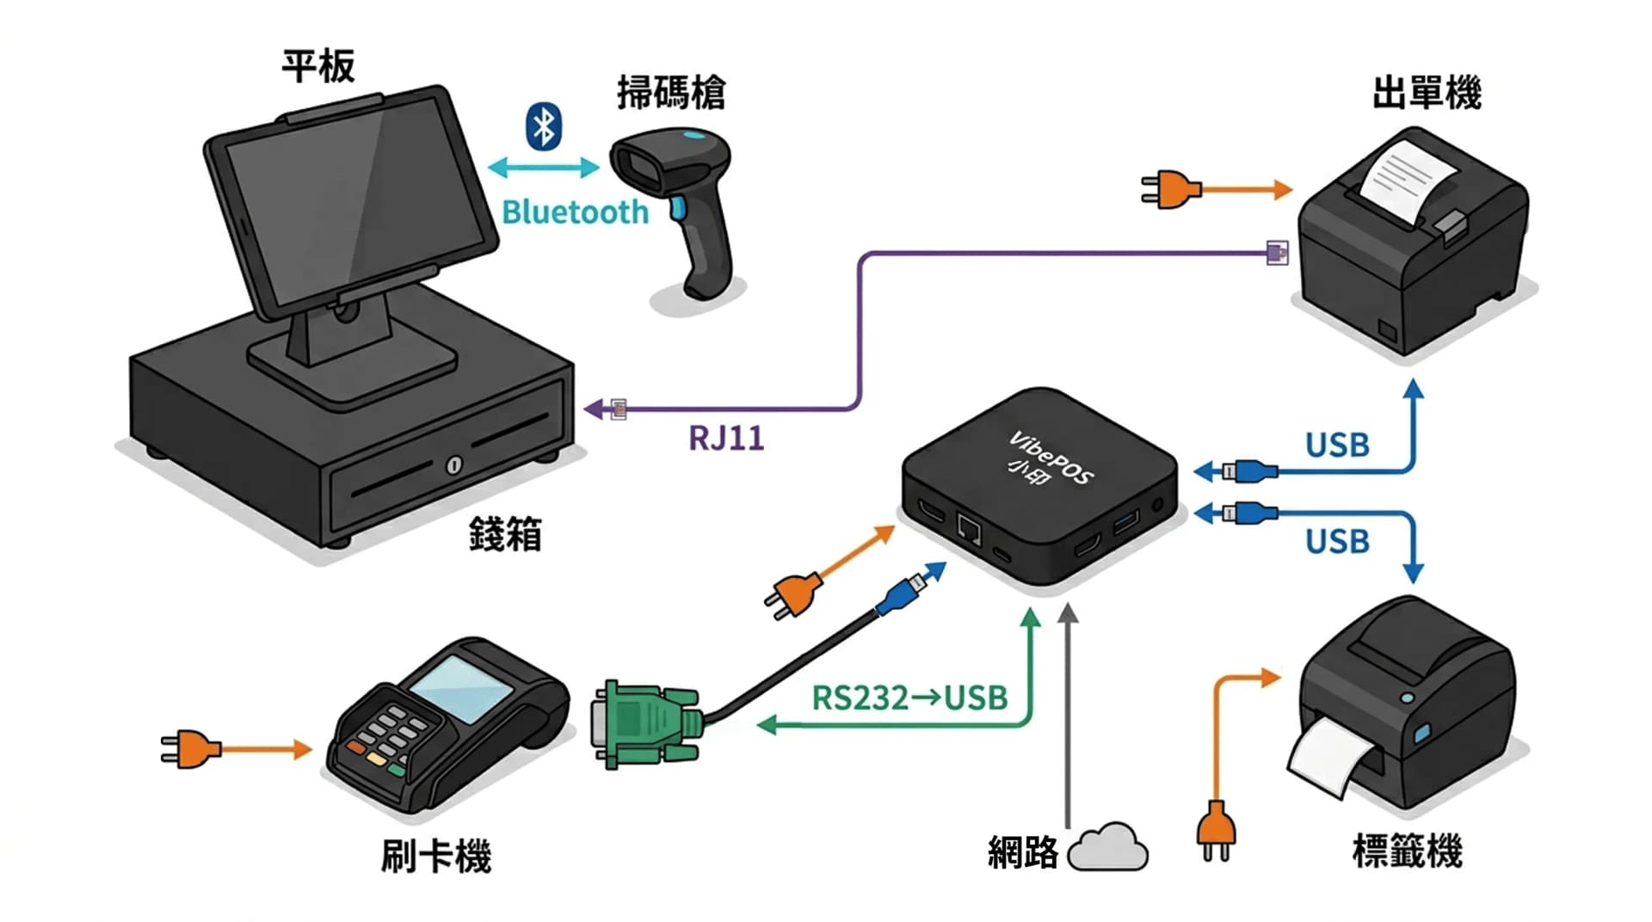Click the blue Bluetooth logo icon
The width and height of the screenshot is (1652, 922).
pyautogui.click(x=543, y=127)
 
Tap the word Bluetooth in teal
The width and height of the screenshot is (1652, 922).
pyautogui.click(x=575, y=212)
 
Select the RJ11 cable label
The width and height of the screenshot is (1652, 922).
pyautogui.click(x=726, y=439)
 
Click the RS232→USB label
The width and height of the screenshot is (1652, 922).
pyautogui.click(x=909, y=698)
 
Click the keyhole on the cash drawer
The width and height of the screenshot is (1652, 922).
pyautogui.click(x=453, y=465)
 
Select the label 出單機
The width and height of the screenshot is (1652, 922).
pyautogui.click(x=1427, y=93)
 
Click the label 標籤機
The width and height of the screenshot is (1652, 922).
pyautogui.click(x=1407, y=851)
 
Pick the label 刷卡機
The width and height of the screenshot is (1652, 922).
pyautogui.click(x=436, y=857)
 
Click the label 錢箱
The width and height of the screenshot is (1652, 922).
pyautogui.click(x=505, y=535)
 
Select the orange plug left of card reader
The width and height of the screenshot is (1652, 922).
pyautogui.click(x=190, y=749)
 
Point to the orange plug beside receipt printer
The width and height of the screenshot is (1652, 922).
pyautogui.click(x=1169, y=190)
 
